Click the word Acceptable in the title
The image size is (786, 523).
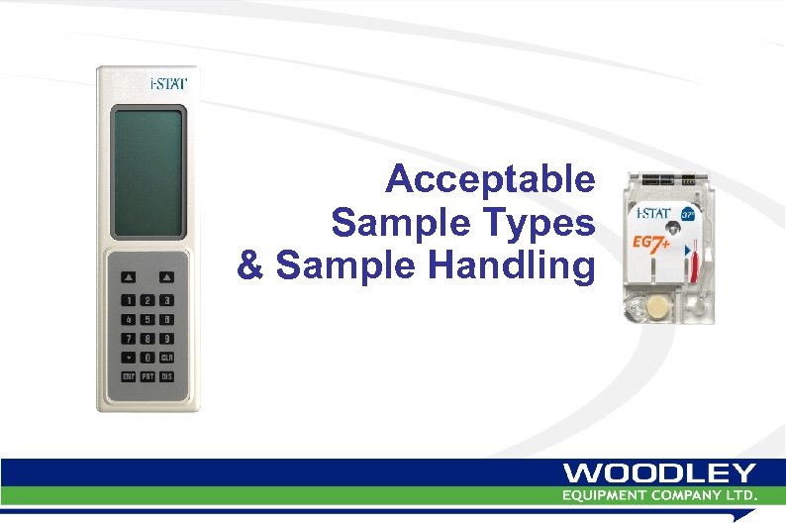(490, 181)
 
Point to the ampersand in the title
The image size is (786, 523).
(250, 266)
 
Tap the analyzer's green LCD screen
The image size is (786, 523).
(147, 173)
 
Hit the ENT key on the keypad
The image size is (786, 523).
(128, 376)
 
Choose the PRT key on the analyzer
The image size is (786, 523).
(147, 376)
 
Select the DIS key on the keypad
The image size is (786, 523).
(167, 376)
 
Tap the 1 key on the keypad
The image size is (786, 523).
(128, 300)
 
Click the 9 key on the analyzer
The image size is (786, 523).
(167, 339)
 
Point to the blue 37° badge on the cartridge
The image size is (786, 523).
(690, 213)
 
